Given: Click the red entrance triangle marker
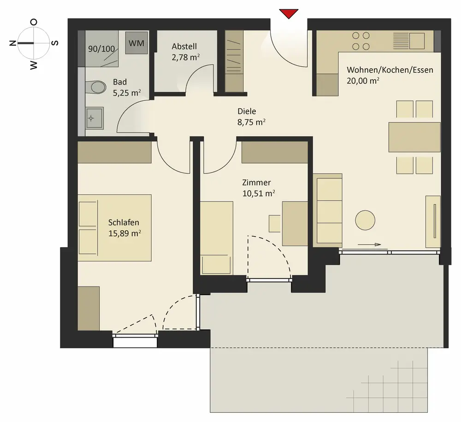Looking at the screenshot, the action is tap(289, 13).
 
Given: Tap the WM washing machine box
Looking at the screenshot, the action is tap(136, 43).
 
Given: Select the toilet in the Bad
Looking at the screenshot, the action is tap(96, 87).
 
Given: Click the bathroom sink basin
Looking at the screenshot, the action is tap(95, 118).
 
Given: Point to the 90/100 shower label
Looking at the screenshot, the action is tap(101, 49).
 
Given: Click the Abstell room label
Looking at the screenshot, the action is tap(184, 47).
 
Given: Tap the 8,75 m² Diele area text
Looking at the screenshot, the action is tap(251, 122).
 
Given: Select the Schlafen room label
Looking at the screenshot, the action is tap(124, 222).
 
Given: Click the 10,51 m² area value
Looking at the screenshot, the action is tap(259, 193).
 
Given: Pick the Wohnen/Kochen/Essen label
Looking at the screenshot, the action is tap(390, 70).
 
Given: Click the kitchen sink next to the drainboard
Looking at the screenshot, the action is tap(417, 41).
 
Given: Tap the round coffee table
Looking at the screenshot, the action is tap(365, 220).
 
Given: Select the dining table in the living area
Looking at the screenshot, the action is tap(414, 137).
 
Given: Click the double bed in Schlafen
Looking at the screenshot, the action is tap(115, 228).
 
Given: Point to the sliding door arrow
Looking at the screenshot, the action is tap(369, 245).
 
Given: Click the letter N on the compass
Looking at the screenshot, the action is tap(12, 43).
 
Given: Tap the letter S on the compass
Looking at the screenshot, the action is tap(55, 43).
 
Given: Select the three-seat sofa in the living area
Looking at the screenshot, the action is tap(327, 211).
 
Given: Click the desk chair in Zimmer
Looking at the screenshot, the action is tap(275, 224).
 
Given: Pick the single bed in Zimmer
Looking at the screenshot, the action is tap(217, 238).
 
